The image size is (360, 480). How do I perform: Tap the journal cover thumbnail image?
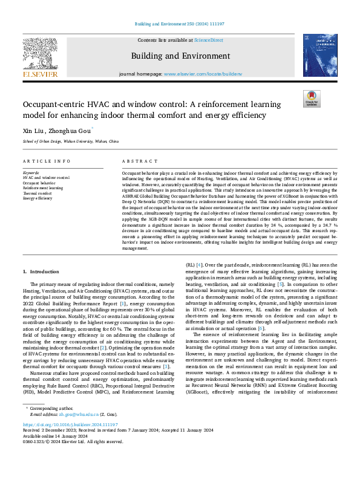[319, 54]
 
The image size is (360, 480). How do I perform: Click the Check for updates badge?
[311, 99]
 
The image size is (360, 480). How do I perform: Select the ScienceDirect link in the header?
[209, 40]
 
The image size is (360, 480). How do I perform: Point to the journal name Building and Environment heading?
[180, 56]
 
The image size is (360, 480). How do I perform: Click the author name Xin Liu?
[32, 129]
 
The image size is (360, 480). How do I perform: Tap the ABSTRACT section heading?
[136, 161]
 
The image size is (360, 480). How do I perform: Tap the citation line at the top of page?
[180, 24]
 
